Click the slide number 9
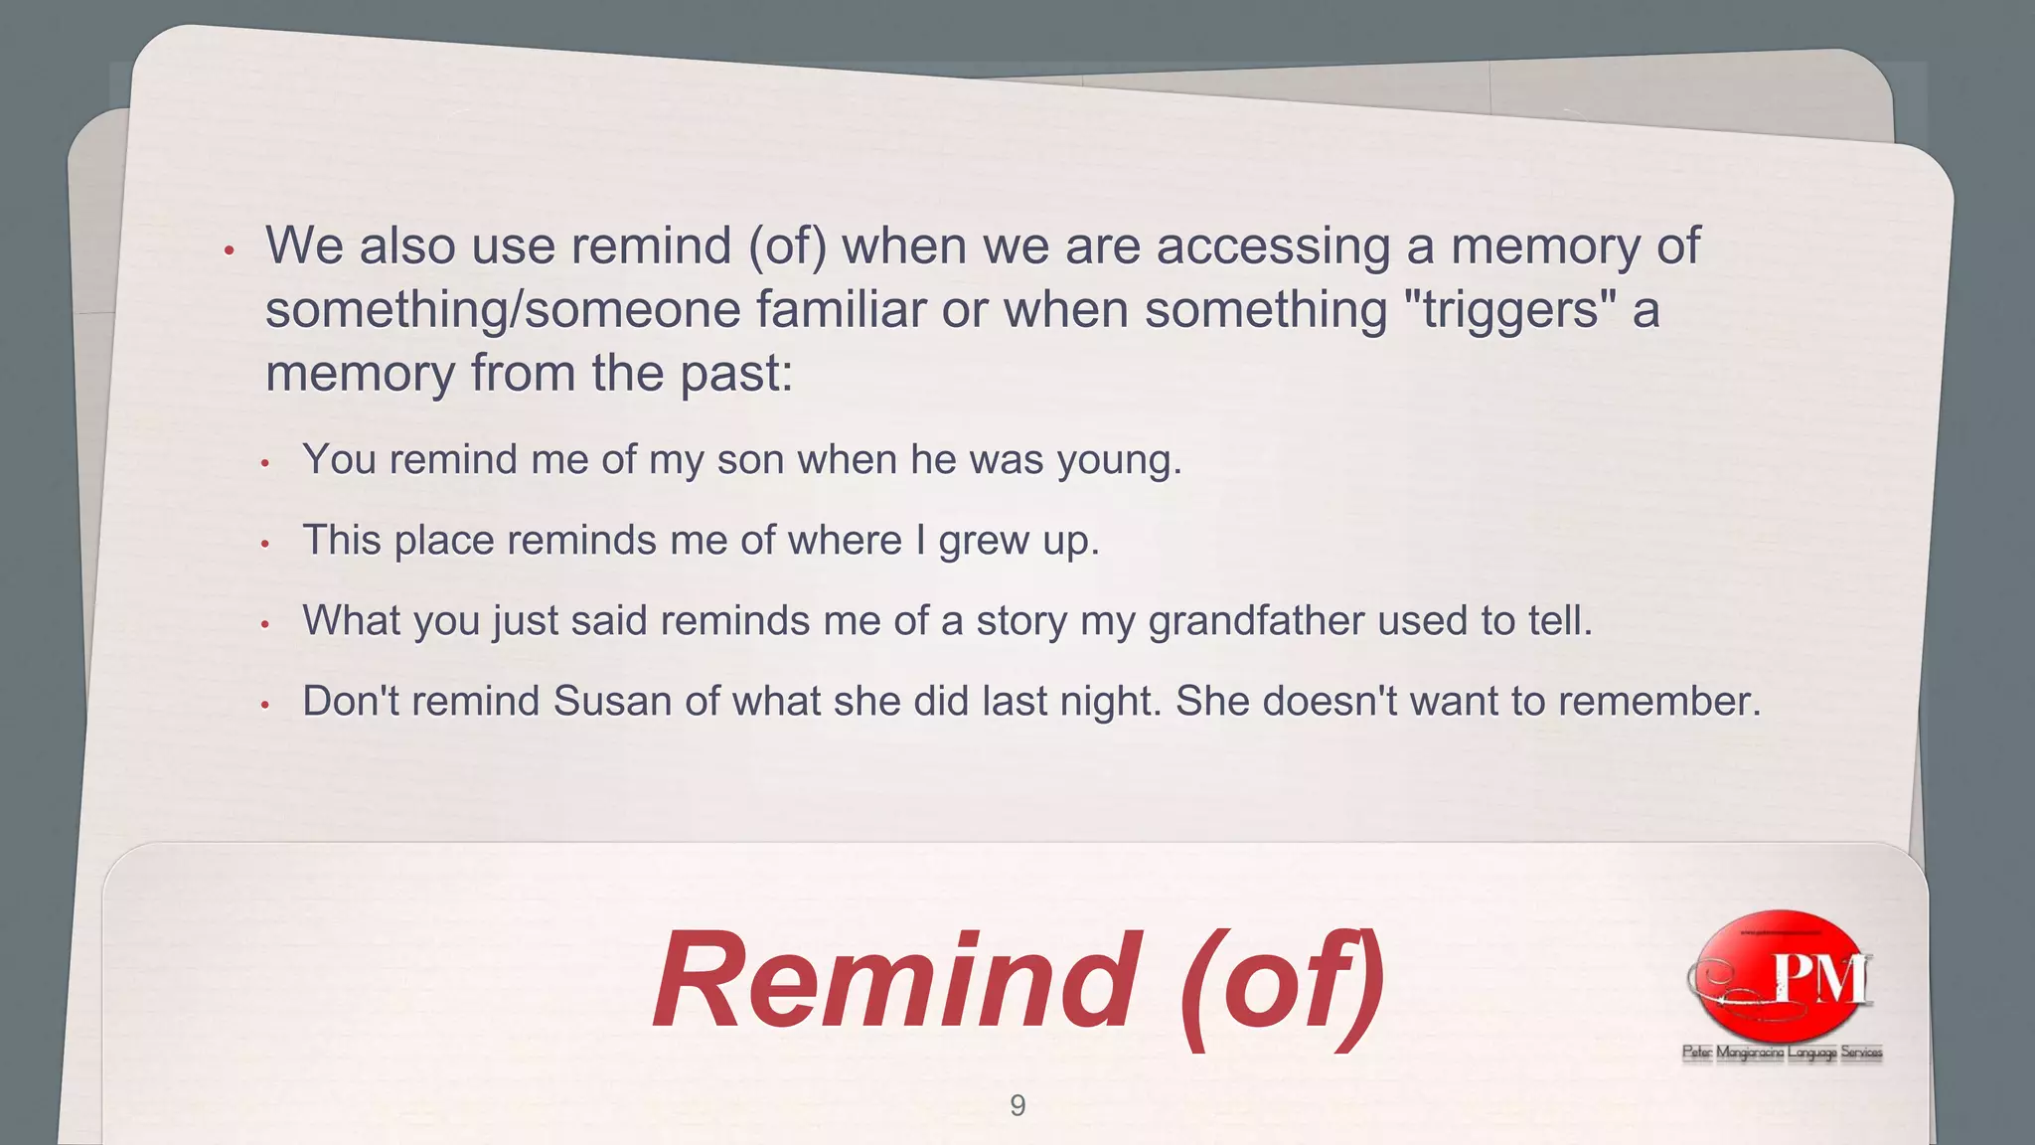1017,1105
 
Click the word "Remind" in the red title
894,980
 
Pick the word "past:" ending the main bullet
736,374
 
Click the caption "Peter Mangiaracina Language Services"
1782,1053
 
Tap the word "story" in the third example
1020,621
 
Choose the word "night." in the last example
1110,702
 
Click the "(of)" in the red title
1282,982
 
